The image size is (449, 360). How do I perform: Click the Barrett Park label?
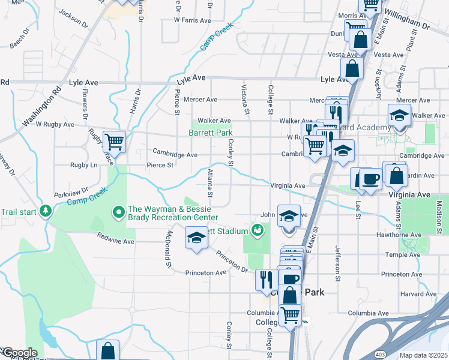210,133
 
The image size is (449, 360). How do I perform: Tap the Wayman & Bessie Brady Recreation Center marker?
118,212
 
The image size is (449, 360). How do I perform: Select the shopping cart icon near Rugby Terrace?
114,142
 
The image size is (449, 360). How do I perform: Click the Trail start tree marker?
46,211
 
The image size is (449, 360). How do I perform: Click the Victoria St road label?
246,99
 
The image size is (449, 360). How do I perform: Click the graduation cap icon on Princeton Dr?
196,238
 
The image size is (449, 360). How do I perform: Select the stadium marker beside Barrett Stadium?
258,230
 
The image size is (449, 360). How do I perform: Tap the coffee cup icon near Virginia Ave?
370,178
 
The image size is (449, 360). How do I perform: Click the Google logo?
19,353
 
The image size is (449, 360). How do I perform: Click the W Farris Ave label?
192,20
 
